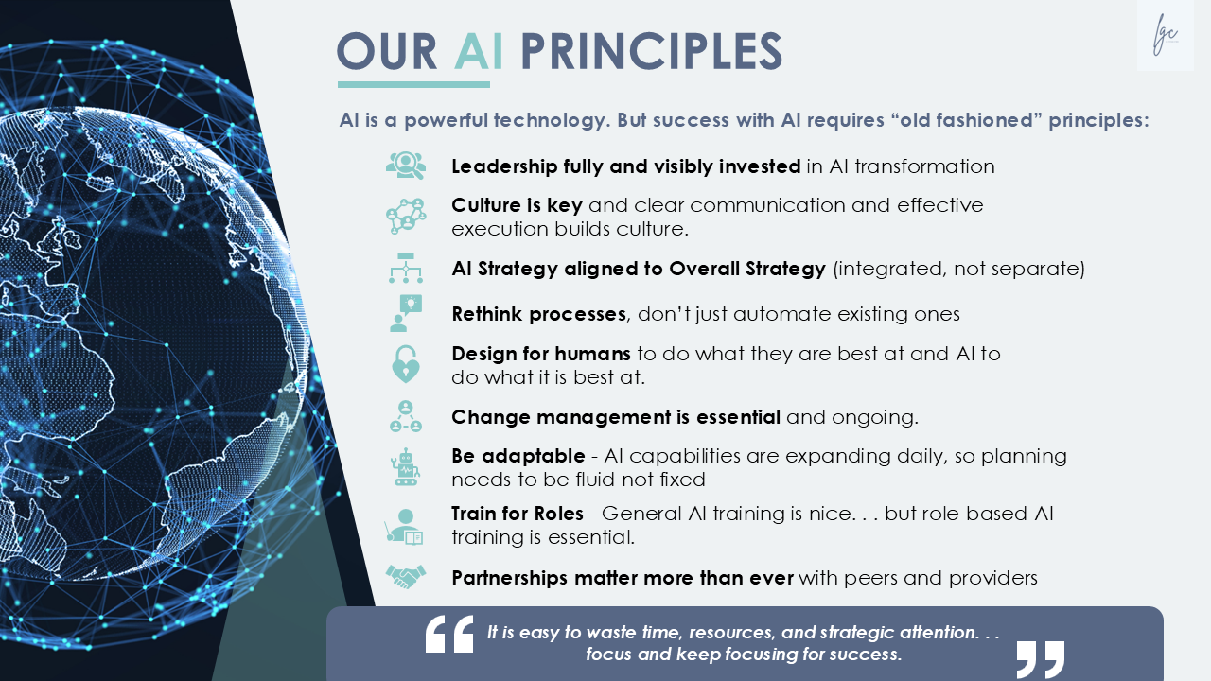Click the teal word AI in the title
click(479, 52)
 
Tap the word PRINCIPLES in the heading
click(651, 52)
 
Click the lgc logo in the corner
click(1165, 35)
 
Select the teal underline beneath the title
click(413, 84)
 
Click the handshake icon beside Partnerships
click(406, 577)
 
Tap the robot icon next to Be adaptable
click(405, 467)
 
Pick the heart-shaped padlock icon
click(406, 364)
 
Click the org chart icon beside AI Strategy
click(406, 268)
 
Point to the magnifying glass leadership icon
click(406, 166)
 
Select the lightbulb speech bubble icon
click(406, 313)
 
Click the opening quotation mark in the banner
click(449, 634)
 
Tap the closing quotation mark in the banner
click(1041, 659)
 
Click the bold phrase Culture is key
click(517, 205)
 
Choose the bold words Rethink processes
click(539, 314)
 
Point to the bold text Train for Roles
click(518, 514)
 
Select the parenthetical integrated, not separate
click(958, 269)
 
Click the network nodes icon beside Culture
click(406, 217)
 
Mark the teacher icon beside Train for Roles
click(404, 527)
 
